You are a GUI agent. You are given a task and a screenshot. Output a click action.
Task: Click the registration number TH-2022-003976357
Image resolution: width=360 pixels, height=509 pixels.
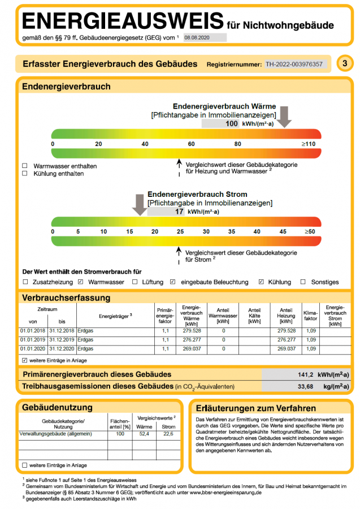point(294,64)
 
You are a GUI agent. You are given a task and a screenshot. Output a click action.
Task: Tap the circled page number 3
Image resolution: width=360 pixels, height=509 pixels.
point(345,63)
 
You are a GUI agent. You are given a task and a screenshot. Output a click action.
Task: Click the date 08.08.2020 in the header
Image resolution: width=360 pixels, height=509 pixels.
point(197,37)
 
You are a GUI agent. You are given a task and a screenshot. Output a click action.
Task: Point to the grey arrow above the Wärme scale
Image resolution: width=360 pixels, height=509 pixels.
point(284,117)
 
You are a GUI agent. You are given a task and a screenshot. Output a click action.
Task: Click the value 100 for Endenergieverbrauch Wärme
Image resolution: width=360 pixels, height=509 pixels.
point(232,123)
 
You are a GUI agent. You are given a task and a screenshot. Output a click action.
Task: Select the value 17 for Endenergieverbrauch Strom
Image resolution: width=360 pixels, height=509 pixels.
point(179,212)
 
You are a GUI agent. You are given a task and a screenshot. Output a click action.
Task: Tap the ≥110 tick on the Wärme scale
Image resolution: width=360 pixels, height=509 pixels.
point(308,144)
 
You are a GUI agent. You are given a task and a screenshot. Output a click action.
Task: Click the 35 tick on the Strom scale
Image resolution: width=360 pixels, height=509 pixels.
point(232,232)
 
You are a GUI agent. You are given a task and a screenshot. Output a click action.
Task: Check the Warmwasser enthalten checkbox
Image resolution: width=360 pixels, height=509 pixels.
point(24,166)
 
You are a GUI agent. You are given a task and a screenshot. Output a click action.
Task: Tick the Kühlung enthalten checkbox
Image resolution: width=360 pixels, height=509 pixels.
point(24,174)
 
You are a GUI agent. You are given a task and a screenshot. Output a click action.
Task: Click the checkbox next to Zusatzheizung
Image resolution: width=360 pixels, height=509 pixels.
point(25,282)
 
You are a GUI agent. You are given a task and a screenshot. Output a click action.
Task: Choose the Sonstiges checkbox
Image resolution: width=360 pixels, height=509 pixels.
point(303,282)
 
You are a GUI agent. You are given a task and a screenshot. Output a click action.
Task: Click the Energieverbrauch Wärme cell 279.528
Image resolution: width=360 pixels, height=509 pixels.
point(192,331)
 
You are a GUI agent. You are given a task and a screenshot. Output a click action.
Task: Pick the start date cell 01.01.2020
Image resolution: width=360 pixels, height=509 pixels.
point(32,349)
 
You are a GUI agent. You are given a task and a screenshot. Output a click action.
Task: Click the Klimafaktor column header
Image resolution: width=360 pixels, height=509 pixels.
point(311,315)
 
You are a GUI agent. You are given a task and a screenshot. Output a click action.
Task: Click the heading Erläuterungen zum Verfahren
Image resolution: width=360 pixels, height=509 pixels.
point(255,408)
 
